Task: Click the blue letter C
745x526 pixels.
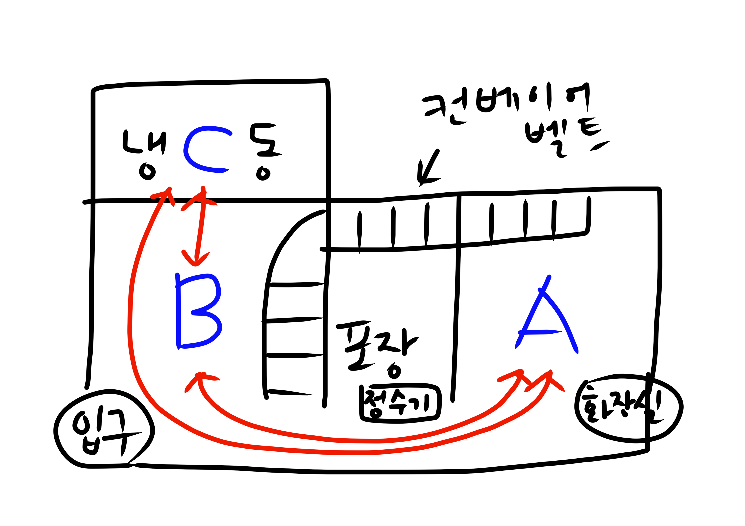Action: [205, 149]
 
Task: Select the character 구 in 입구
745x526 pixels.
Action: [120, 431]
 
